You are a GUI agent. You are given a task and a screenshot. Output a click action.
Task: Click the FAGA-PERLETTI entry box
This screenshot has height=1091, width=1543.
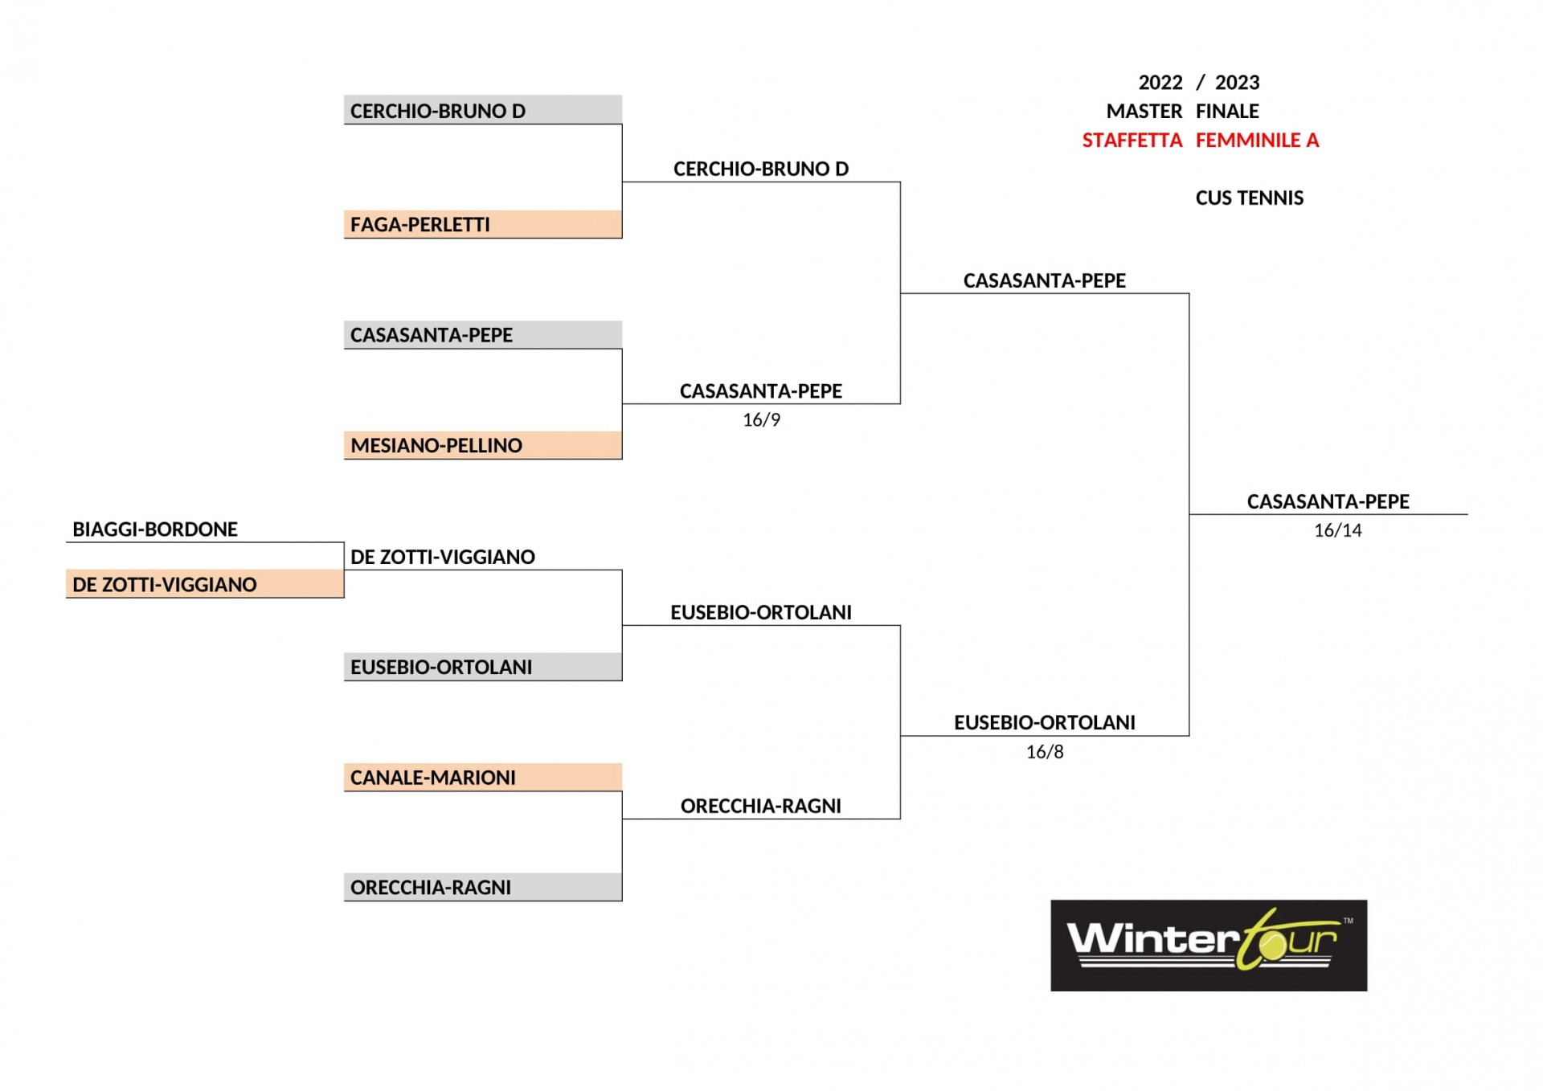(483, 224)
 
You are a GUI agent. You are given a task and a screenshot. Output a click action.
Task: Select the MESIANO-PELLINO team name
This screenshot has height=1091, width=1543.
(436, 445)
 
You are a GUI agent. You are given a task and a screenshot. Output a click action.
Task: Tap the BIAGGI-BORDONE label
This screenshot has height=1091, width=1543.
(155, 529)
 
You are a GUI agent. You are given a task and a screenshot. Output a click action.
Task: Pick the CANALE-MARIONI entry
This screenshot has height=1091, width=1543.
(483, 777)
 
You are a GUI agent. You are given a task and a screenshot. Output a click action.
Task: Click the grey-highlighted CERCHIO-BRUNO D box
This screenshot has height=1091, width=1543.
(483, 110)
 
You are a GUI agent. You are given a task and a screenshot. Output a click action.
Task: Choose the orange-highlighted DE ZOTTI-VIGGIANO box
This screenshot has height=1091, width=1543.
(205, 584)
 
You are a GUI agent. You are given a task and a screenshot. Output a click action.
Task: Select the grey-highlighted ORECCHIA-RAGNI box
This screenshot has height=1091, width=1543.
(483, 887)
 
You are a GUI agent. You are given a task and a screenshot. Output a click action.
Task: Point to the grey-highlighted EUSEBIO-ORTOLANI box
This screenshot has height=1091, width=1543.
(483, 667)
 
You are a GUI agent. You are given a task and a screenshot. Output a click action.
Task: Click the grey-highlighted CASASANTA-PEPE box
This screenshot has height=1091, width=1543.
(483, 335)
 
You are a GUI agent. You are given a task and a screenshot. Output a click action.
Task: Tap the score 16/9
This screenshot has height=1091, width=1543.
(761, 420)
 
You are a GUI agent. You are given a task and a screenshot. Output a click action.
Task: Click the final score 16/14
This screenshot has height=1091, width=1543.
(1338, 530)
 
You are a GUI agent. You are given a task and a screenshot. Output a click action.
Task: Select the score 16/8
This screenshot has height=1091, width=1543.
(1045, 752)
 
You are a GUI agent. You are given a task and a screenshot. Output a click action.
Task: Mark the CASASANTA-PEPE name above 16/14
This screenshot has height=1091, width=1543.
(1328, 501)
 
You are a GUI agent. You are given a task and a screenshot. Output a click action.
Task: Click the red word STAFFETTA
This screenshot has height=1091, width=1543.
(1132, 141)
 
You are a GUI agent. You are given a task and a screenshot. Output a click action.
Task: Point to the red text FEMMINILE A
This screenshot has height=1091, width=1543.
(1258, 141)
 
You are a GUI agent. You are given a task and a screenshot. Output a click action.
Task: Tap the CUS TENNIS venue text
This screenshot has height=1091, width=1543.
(1250, 198)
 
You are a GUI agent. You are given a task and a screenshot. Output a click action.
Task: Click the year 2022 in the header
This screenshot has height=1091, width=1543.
(1160, 83)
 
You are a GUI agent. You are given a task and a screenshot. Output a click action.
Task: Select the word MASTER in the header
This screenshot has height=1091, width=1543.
(1144, 112)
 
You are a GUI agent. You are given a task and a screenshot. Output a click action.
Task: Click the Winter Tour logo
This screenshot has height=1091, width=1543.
(1209, 945)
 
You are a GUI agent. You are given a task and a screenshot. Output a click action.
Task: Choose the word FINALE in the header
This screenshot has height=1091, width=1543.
(1227, 112)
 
